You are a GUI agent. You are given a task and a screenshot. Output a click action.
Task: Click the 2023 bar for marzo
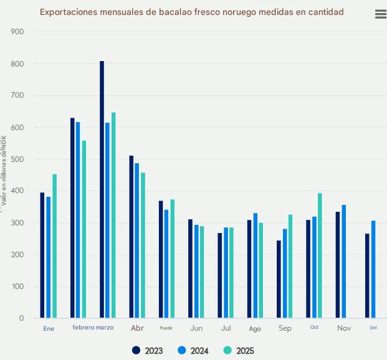pos(102,190)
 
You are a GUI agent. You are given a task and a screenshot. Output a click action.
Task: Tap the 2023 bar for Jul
pos(219,275)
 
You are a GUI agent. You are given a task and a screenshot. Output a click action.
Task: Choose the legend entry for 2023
pos(148,351)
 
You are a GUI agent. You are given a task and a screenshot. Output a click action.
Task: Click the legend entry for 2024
pos(193,351)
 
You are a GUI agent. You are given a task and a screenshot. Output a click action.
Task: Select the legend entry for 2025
pos(239,351)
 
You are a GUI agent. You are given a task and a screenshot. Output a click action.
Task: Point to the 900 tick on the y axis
pos(17,32)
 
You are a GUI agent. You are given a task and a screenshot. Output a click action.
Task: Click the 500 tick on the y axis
pos(17,159)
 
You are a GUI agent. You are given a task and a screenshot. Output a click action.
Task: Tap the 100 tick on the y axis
pos(17,287)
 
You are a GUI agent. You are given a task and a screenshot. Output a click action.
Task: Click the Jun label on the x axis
pos(196,328)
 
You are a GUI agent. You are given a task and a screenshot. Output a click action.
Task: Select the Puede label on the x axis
pos(166,328)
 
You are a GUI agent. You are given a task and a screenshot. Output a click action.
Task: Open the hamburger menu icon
pos(380,14)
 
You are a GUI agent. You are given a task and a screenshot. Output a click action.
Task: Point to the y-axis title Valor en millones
pos(4,181)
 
